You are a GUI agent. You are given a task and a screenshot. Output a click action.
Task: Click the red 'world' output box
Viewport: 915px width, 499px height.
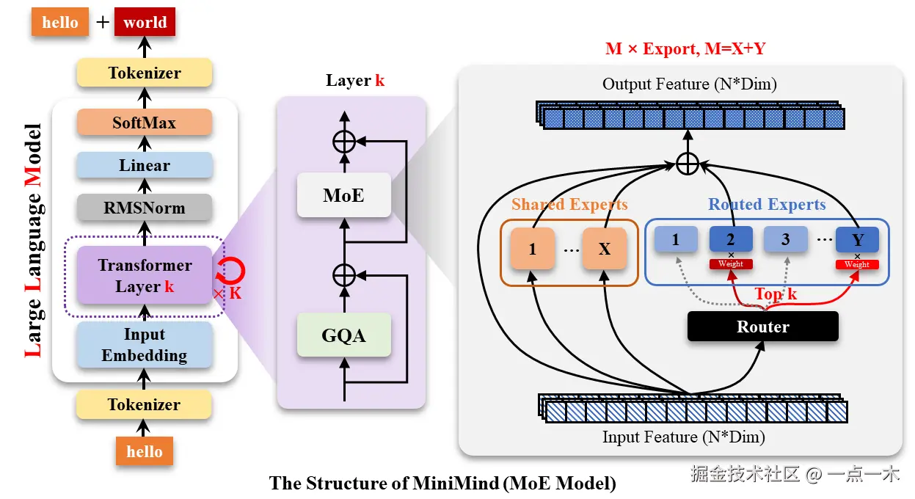pos(145,22)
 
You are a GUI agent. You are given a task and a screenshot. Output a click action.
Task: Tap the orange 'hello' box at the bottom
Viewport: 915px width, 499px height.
pos(144,451)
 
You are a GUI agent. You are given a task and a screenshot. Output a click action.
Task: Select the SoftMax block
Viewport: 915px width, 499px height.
pos(144,123)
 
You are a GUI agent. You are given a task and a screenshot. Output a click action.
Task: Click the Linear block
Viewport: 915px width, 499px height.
pos(144,166)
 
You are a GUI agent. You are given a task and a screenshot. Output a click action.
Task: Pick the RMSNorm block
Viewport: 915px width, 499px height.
pos(144,208)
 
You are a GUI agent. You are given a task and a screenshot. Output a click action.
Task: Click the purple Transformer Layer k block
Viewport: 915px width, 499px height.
pos(145,276)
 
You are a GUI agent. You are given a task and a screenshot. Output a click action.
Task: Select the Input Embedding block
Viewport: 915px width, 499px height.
pos(144,345)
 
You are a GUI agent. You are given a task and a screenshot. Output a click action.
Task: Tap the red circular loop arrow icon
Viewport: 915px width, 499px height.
pos(232,271)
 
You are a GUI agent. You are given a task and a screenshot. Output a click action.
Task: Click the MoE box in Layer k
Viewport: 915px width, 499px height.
pos(343,195)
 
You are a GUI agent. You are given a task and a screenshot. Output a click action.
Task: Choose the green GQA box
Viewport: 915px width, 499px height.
pos(343,335)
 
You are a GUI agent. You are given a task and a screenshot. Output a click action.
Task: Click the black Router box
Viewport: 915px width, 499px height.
pos(762,327)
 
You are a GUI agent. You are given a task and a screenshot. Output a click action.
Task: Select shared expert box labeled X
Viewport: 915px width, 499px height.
pos(604,249)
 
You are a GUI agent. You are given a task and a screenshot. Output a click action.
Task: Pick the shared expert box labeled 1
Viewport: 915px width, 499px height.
pos(532,249)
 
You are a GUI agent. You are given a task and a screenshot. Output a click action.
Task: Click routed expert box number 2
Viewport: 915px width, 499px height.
pos(730,239)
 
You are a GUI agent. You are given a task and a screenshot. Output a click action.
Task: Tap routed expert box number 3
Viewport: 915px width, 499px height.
pos(785,239)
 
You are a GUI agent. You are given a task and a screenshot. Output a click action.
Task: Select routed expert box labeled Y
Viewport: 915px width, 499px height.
pos(856,239)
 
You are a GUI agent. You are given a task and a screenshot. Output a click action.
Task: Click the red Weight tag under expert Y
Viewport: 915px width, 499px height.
pos(856,264)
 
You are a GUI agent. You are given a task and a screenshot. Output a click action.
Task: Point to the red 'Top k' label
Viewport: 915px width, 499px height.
pos(776,294)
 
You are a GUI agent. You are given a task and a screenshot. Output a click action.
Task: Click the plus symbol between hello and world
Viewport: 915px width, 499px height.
pos(102,22)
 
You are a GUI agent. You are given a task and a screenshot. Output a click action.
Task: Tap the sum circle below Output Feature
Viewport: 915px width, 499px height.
pos(687,164)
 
